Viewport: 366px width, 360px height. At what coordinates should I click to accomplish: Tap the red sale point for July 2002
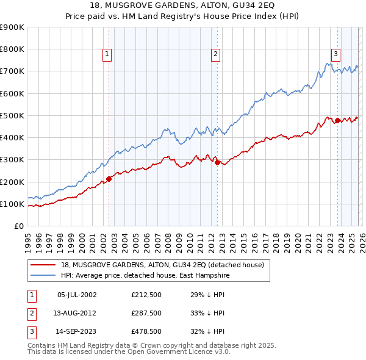pyautogui.click(x=109, y=179)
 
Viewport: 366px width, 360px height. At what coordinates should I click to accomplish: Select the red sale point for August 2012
pyautogui.click(x=217, y=162)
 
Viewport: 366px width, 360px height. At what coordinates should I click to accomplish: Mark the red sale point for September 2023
pyautogui.click(x=337, y=120)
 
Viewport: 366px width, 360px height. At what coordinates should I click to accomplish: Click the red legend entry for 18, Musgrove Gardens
pyautogui.click(x=162, y=265)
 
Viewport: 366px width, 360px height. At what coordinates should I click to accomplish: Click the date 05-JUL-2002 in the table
pyautogui.click(x=77, y=295)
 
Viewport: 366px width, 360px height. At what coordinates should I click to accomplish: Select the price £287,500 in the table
pyautogui.click(x=150, y=314)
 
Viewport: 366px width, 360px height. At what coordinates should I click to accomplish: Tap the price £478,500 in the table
pyautogui.click(x=150, y=333)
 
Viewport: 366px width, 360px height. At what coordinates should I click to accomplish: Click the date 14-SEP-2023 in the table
pyautogui.click(x=77, y=333)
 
